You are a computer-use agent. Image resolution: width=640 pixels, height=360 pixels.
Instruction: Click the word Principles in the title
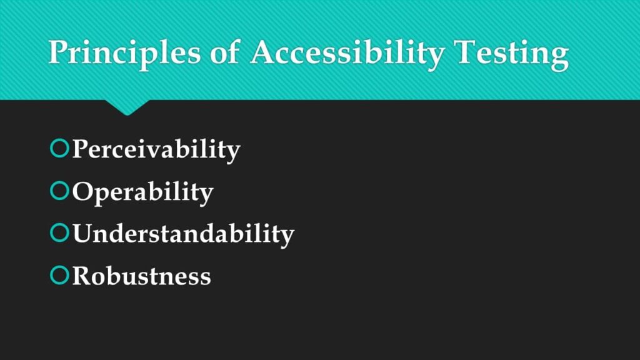pyautogui.click(x=124, y=52)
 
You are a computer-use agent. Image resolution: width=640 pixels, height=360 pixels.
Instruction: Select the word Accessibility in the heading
pyautogui.click(x=347, y=52)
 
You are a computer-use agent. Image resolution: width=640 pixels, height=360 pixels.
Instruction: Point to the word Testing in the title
pyautogui.click(x=511, y=52)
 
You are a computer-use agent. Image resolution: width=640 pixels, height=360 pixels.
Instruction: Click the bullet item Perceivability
pyautogui.click(x=156, y=150)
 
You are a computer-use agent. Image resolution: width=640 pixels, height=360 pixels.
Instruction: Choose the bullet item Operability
pyautogui.click(x=142, y=192)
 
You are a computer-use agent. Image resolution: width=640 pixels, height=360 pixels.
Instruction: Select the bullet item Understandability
pyautogui.click(x=183, y=234)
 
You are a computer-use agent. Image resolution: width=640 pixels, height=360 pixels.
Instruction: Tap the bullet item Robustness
pyautogui.click(x=141, y=276)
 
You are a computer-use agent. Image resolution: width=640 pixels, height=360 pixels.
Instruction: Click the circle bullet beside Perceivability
pyautogui.click(x=58, y=149)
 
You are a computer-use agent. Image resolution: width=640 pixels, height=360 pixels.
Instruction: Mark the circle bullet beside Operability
pyautogui.click(x=58, y=191)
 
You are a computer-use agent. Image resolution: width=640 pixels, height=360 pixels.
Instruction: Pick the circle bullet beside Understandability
pyautogui.click(x=58, y=233)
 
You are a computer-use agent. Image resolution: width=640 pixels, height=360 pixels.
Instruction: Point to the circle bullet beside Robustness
pyautogui.click(x=58, y=275)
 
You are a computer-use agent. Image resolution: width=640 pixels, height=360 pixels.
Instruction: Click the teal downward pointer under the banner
pyautogui.click(x=127, y=107)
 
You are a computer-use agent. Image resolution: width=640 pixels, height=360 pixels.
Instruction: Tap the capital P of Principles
pyautogui.click(x=59, y=52)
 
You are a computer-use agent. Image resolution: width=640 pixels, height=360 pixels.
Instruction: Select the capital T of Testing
pyautogui.click(x=466, y=52)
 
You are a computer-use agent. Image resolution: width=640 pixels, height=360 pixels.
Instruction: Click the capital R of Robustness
pyautogui.click(x=82, y=276)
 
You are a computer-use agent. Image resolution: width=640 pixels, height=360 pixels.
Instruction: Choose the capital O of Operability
pyautogui.click(x=82, y=191)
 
